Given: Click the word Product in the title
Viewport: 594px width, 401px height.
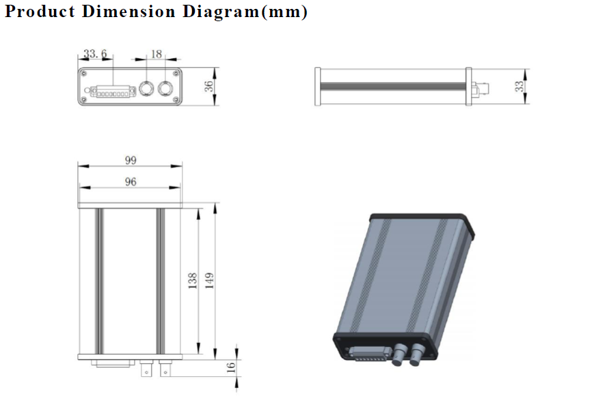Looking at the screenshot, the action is tap(40, 12).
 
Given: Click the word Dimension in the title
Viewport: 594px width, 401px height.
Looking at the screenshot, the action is tap(129, 11).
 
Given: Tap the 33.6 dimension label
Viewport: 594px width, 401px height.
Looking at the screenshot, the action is tap(95, 54).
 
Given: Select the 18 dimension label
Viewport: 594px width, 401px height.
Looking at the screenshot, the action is tap(157, 54).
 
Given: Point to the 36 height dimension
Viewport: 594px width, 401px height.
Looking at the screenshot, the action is tap(208, 86).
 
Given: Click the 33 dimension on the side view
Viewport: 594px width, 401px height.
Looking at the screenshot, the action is tap(519, 86).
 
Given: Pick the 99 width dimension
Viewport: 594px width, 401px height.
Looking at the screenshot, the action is tap(131, 160).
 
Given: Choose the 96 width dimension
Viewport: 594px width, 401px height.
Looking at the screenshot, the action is tap(131, 182).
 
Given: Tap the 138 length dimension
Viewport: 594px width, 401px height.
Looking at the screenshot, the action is tap(193, 281).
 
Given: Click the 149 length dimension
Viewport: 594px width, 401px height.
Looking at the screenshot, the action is tap(209, 281).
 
